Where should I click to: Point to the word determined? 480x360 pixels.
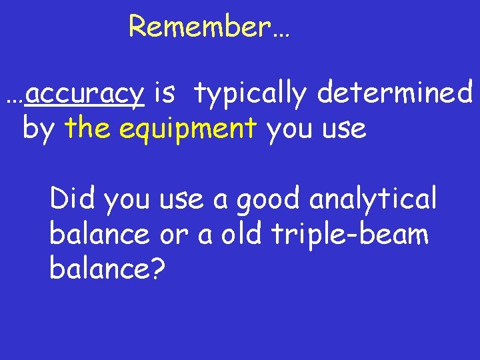(395, 93)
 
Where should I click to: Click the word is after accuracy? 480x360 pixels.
(164, 93)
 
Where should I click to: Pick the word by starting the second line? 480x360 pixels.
(38, 129)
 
